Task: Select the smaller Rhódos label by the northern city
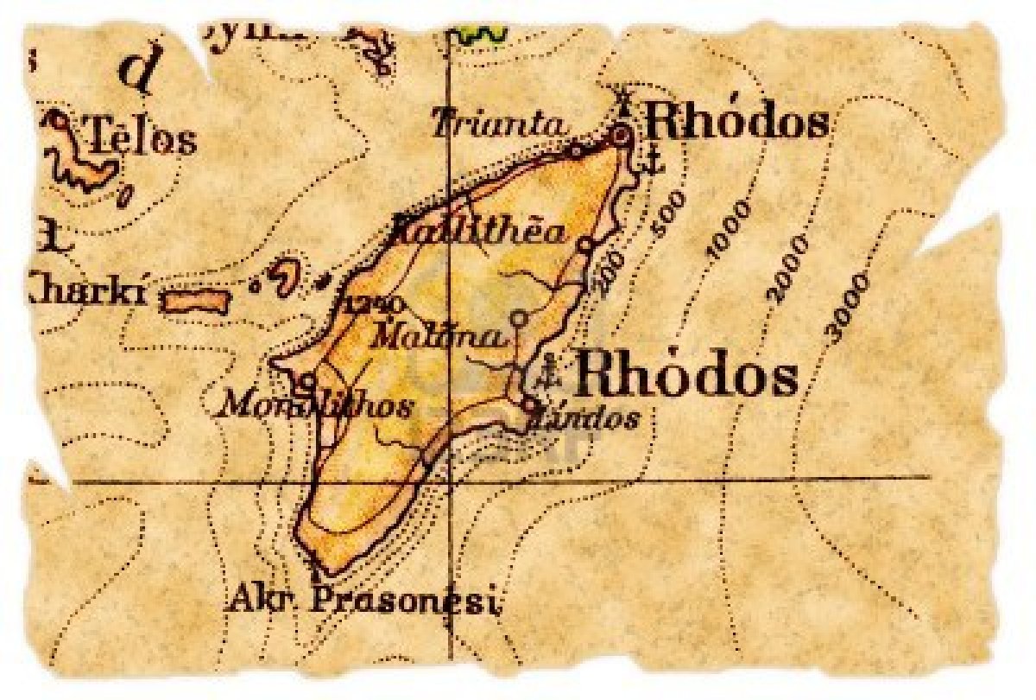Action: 736,124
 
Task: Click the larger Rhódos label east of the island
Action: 685,378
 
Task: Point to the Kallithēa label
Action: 480,231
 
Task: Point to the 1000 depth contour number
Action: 728,229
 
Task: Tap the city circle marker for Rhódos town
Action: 620,135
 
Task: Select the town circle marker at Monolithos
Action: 306,380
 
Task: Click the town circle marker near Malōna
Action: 518,318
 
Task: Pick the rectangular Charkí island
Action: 194,301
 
